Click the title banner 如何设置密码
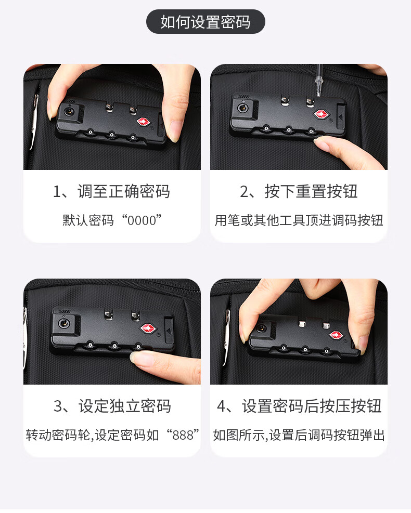205,22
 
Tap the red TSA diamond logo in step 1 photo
143,122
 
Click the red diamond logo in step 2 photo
322,114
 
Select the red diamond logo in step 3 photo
148,328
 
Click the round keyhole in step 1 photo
69,112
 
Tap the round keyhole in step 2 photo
242,107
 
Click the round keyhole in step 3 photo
63,324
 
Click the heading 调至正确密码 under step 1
124,191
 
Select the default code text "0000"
142,220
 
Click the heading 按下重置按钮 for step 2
311,191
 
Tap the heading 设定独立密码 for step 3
124,406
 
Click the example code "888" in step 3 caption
183,435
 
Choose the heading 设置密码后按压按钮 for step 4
312,406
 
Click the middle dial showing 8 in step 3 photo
114,346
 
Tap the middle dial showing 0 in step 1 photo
112,135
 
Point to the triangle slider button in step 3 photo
169,331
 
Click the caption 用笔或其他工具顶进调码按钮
299,220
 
